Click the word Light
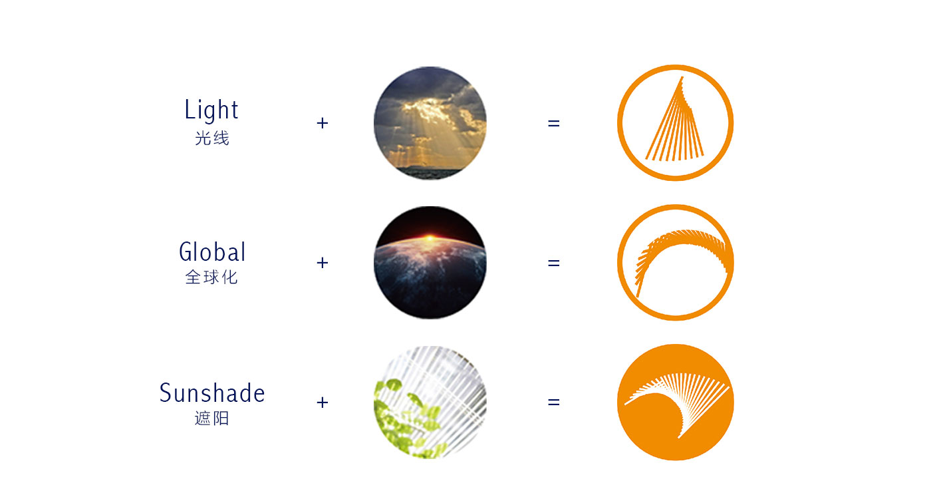coord(211,110)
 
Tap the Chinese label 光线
coord(212,138)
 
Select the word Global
coord(212,251)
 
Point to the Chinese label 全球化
coord(211,277)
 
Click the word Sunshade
coord(212,393)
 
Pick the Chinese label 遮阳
coord(212,418)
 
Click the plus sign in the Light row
coord(322,123)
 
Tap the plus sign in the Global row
coord(322,263)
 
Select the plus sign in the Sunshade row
coord(322,402)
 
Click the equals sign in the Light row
coord(553,123)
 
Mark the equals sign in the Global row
coord(553,263)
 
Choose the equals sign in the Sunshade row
coord(553,402)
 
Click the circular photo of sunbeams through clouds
coord(430,123)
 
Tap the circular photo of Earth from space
coord(430,263)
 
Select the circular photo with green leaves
coord(430,402)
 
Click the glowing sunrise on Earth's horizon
coord(430,238)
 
